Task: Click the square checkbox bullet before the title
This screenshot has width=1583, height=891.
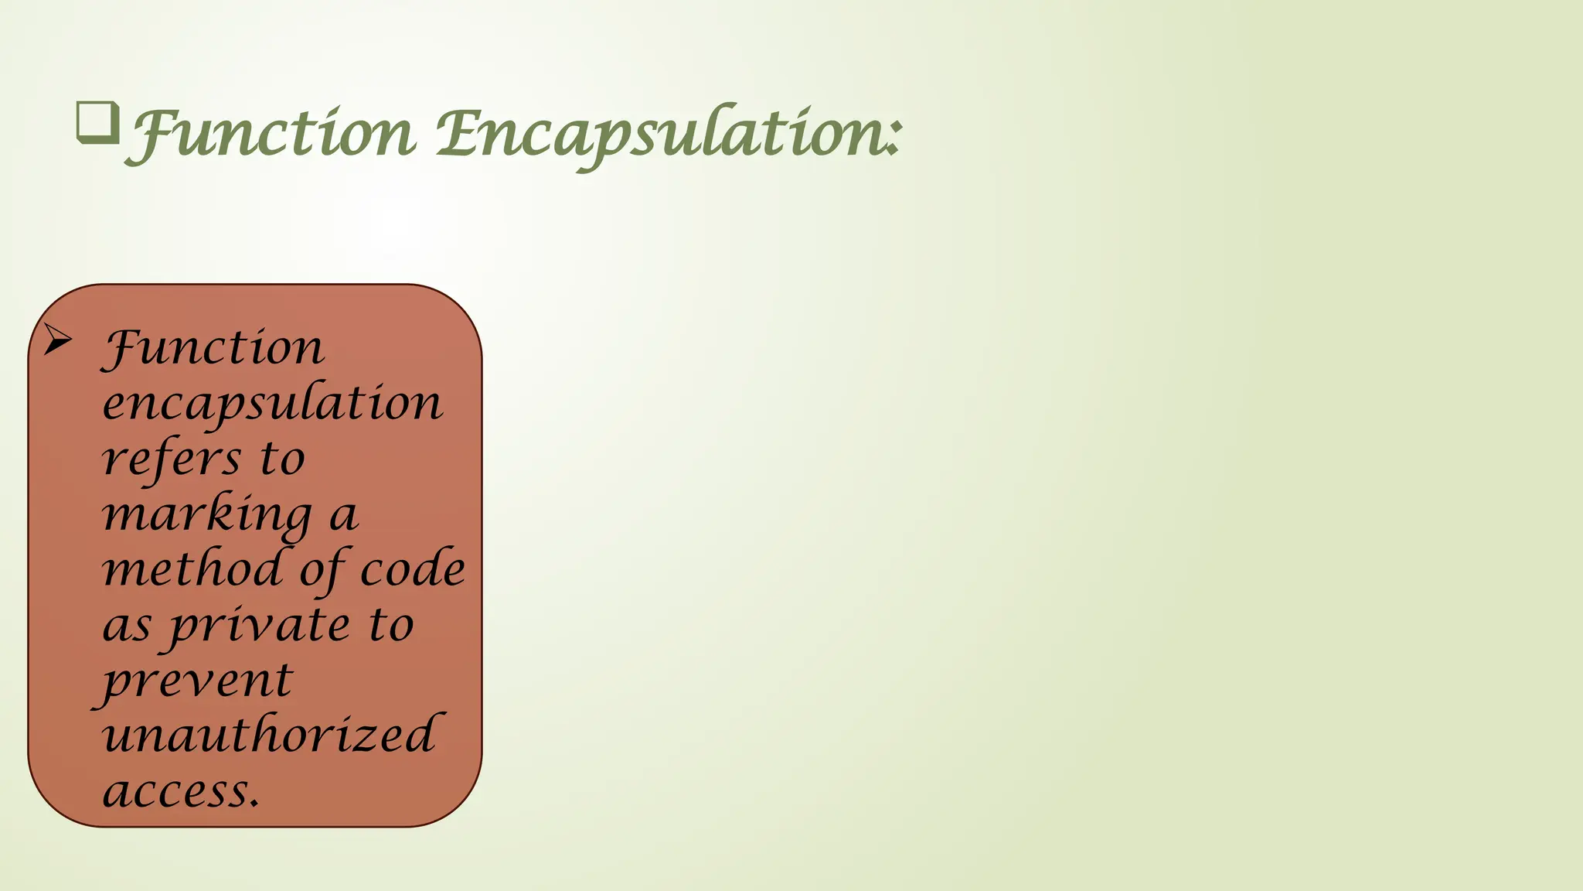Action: point(98,123)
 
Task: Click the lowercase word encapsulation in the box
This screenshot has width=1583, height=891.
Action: point(272,405)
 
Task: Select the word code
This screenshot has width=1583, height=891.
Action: point(413,569)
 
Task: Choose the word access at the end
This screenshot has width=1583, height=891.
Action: point(179,791)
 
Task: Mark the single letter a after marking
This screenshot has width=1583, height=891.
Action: point(343,516)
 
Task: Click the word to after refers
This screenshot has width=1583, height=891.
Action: point(282,459)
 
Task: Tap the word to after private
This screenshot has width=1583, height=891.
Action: point(391,625)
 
